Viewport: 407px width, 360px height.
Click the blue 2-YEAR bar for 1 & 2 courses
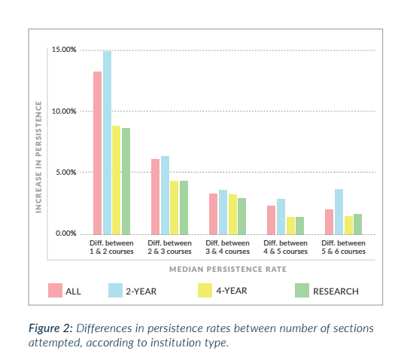click(107, 142)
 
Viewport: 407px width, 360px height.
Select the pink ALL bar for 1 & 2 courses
click(97, 153)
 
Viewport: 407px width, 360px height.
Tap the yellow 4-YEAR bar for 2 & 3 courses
click(175, 207)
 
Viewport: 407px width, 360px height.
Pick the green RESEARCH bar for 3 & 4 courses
click(242, 216)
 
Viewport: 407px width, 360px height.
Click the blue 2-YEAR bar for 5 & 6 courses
click(339, 212)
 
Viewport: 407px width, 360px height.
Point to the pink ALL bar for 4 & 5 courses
click(272, 220)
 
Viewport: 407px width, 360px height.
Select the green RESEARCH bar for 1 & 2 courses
click(126, 182)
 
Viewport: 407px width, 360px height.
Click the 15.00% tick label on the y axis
click(64, 50)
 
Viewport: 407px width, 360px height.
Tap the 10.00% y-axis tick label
click(64, 111)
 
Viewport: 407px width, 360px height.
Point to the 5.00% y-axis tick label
click(66, 172)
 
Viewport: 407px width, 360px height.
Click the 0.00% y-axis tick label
click(66, 233)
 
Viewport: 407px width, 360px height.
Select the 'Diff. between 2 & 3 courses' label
click(169, 247)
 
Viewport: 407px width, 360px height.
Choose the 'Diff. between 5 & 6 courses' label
click(343, 247)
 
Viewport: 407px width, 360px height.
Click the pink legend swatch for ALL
click(55, 291)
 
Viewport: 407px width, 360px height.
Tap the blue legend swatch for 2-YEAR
click(116, 291)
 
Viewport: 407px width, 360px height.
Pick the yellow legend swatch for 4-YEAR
click(205, 291)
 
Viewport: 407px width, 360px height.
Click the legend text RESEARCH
click(336, 291)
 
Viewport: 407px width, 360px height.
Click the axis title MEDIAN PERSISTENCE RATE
click(228, 270)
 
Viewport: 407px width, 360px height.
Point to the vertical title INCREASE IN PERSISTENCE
click(38, 157)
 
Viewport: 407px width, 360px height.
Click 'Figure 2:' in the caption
click(50, 328)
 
